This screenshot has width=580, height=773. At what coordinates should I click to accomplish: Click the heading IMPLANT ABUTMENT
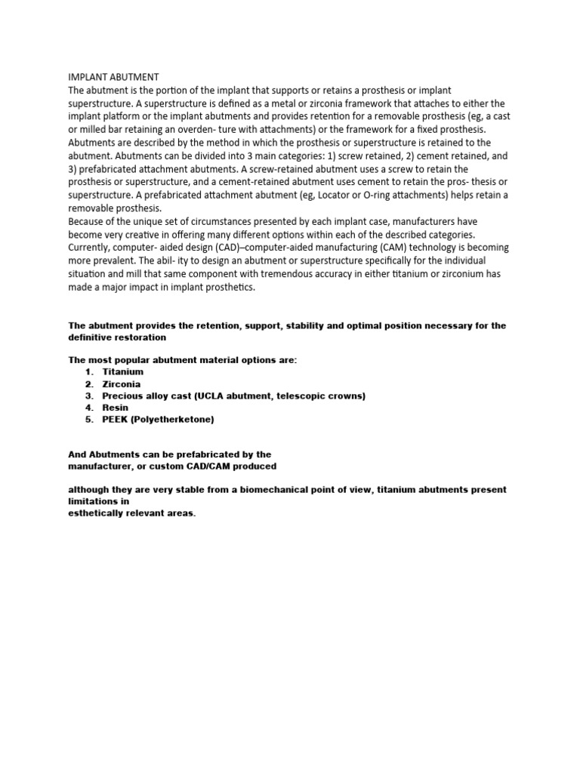tap(114, 77)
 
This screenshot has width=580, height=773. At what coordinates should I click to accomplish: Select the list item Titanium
tap(122, 372)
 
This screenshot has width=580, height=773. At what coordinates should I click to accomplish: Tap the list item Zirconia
tap(121, 384)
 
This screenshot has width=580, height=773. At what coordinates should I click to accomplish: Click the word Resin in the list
tap(116, 408)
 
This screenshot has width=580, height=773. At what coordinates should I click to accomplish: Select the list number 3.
tap(88, 396)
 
